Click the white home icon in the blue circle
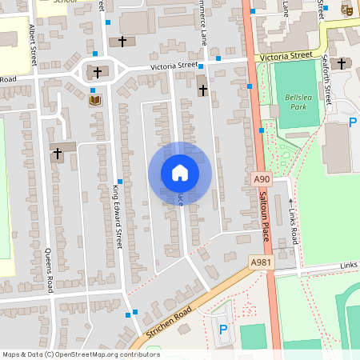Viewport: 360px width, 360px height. pos(179,173)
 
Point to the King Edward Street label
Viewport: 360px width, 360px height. pos(117,215)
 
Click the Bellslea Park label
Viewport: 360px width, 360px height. pos(296,102)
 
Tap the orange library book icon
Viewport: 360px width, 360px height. pos(94,101)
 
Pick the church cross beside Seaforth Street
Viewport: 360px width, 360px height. pos(342,63)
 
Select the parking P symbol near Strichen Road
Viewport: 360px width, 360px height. pos(223,329)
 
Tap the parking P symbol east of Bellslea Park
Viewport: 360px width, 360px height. pos(353,122)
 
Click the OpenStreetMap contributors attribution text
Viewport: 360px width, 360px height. pos(80,354)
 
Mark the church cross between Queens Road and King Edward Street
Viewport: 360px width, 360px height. pos(58,152)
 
